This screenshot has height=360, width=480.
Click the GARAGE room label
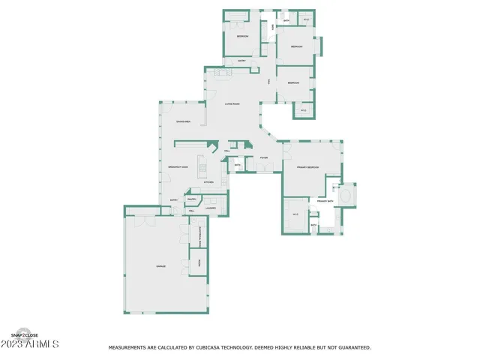(160, 266)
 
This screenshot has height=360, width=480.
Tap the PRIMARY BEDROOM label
(307, 167)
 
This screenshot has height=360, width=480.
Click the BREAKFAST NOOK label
(178, 167)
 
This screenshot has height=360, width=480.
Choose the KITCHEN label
(209, 182)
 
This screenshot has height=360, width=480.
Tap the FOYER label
(264, 158)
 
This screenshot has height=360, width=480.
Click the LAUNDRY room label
(211, 208)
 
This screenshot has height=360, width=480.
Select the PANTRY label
(192, 199)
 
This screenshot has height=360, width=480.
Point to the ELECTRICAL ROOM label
(200, 238)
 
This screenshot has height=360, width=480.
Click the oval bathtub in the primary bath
(347, 196)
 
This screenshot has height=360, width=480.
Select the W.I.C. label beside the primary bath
(295, 215)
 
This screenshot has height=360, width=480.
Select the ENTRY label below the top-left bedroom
(241, 61)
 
